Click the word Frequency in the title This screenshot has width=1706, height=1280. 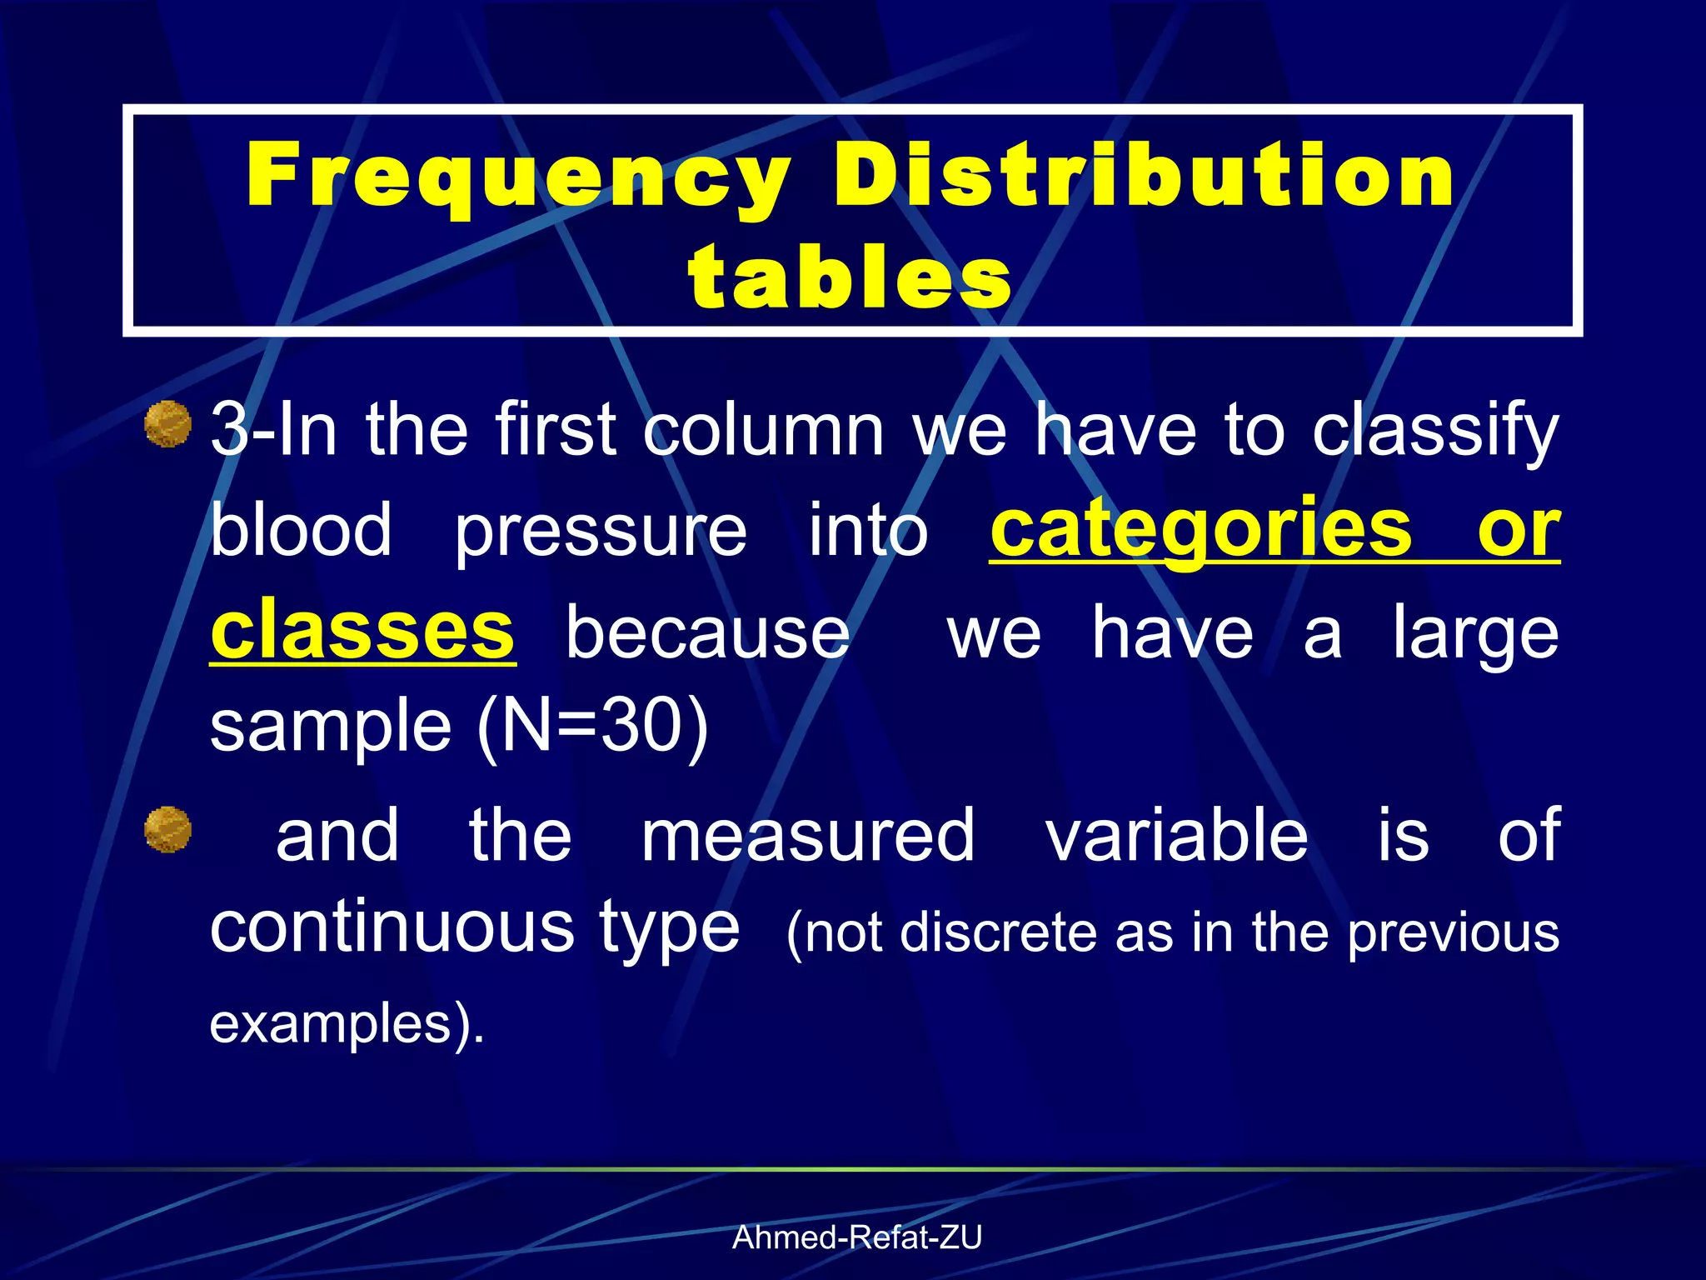(518, 177)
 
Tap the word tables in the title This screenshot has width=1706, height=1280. (851, 277)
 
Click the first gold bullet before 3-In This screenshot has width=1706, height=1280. (168, 423)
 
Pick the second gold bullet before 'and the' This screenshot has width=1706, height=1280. (168, 829)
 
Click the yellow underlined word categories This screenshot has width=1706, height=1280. (1201, 529)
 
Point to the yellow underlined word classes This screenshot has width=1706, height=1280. (362, 631)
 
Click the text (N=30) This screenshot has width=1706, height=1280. (592, 726)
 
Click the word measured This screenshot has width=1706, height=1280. (807, 836)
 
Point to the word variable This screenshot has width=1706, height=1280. (1177, 836)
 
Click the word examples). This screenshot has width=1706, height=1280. (347, 1022)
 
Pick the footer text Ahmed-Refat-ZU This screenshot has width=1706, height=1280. (856, 1237)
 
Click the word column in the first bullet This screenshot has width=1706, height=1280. (763, 430)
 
